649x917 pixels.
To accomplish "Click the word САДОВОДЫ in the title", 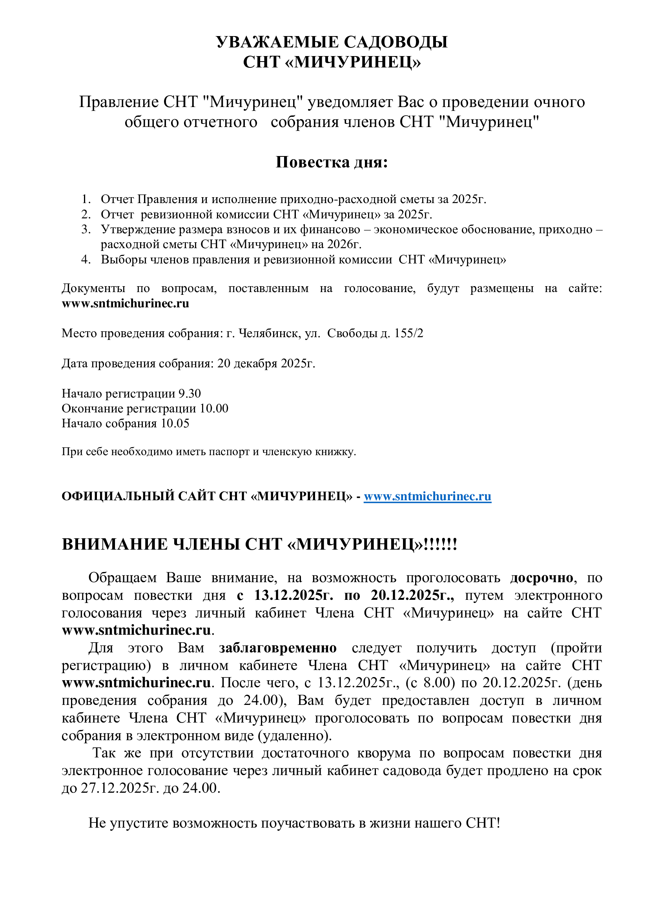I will (x=396, y=42).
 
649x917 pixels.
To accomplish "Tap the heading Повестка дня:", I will (x=331, y=162).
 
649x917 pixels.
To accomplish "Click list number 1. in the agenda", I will (x=86, y=199).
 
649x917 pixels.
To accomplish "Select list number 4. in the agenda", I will (x=86, y=260).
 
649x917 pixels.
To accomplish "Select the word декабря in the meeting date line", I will (x=256, y=363).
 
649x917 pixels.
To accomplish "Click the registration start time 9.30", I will (x=190, y=394).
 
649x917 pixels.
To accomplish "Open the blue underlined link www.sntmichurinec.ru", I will (x=427, y=496).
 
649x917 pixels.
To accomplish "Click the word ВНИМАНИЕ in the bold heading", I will (x=115, y=545).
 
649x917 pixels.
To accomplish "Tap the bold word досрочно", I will (x=541, y=578).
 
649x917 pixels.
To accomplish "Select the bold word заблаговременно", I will (x=278, y=648).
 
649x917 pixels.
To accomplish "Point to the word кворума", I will (x=384, y=753).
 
